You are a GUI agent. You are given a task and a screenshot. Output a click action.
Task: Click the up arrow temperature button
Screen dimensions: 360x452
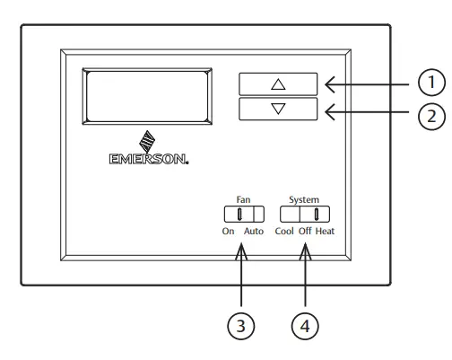[x=278, y=84]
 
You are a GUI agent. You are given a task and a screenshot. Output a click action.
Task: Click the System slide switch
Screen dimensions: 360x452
[x=304, y=214]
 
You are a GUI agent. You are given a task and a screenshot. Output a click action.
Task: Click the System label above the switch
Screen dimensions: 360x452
[x=304, y=199]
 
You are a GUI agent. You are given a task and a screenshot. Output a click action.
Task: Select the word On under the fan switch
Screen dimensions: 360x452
[x=228, y=231]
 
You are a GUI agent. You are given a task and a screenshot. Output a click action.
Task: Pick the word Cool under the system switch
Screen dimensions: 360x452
[x=284, y=231]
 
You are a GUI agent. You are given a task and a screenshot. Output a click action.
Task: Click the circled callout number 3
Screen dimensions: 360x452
[x=239, y=327]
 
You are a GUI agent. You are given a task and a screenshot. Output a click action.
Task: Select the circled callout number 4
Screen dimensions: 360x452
[x=305, y=327]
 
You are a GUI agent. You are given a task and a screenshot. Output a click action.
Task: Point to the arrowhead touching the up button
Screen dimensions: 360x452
[x=328, y=85]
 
